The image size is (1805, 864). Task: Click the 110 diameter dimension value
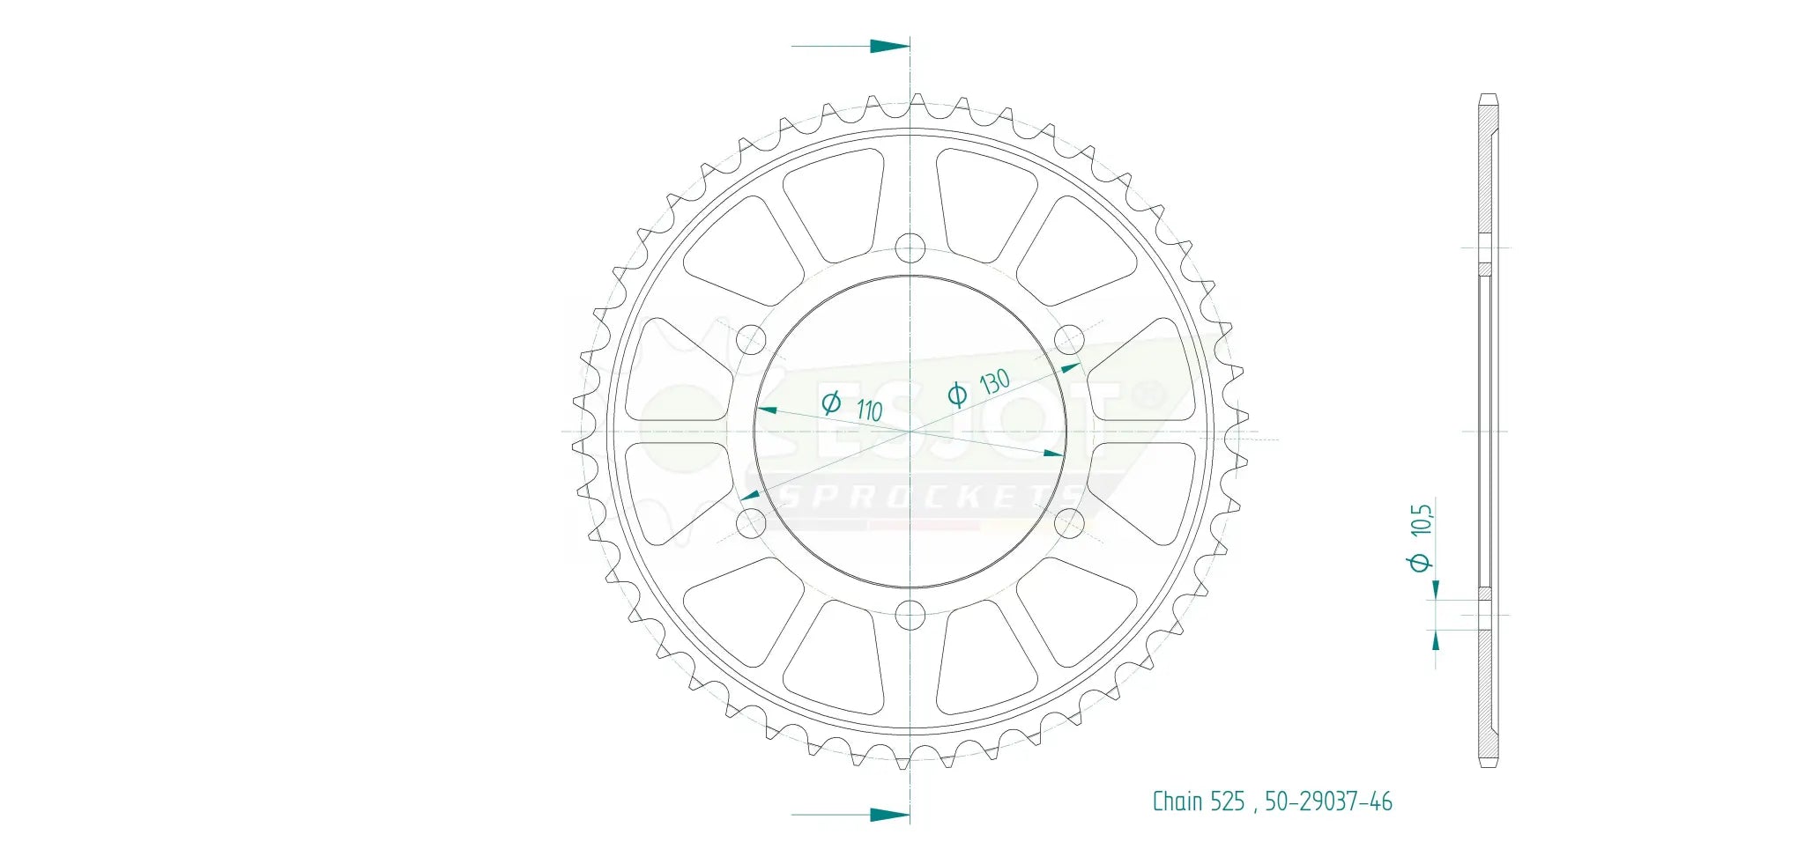click(x=869, y=410)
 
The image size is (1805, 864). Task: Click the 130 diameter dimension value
click(x=994, y=382)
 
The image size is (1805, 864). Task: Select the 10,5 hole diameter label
click(x=1421, y=521)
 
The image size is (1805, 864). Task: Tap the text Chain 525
click(x=1198, y=801)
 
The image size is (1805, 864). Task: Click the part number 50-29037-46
click(x=1328, y=801)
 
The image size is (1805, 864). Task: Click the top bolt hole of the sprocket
click(x=910, y=248)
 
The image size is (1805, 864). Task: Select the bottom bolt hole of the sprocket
click(x=910, y=615)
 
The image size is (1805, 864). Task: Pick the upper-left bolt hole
click(x=751, y=340)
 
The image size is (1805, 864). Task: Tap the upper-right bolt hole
click(x=1070, y=340)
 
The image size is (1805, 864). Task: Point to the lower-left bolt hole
click(x=751, y=523)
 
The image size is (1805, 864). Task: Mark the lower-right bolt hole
click(x=1070, y=523)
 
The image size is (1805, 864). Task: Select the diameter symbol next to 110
click(x=831, y=403)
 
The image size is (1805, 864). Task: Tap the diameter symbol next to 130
click(x=957, y=395)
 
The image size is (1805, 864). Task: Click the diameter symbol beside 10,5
click(x=1420, y=561)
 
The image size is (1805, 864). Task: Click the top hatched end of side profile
click(x=1488, y=167)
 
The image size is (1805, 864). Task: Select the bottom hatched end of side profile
click(x=1488, y=696)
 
